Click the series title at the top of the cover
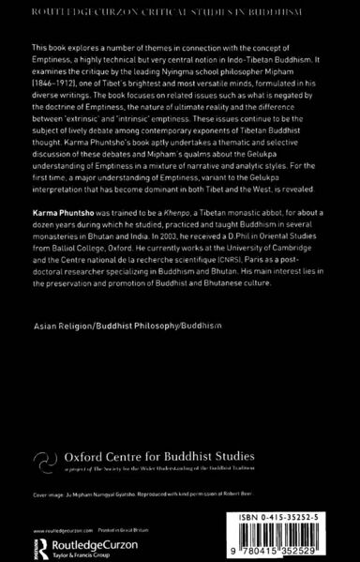179,9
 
